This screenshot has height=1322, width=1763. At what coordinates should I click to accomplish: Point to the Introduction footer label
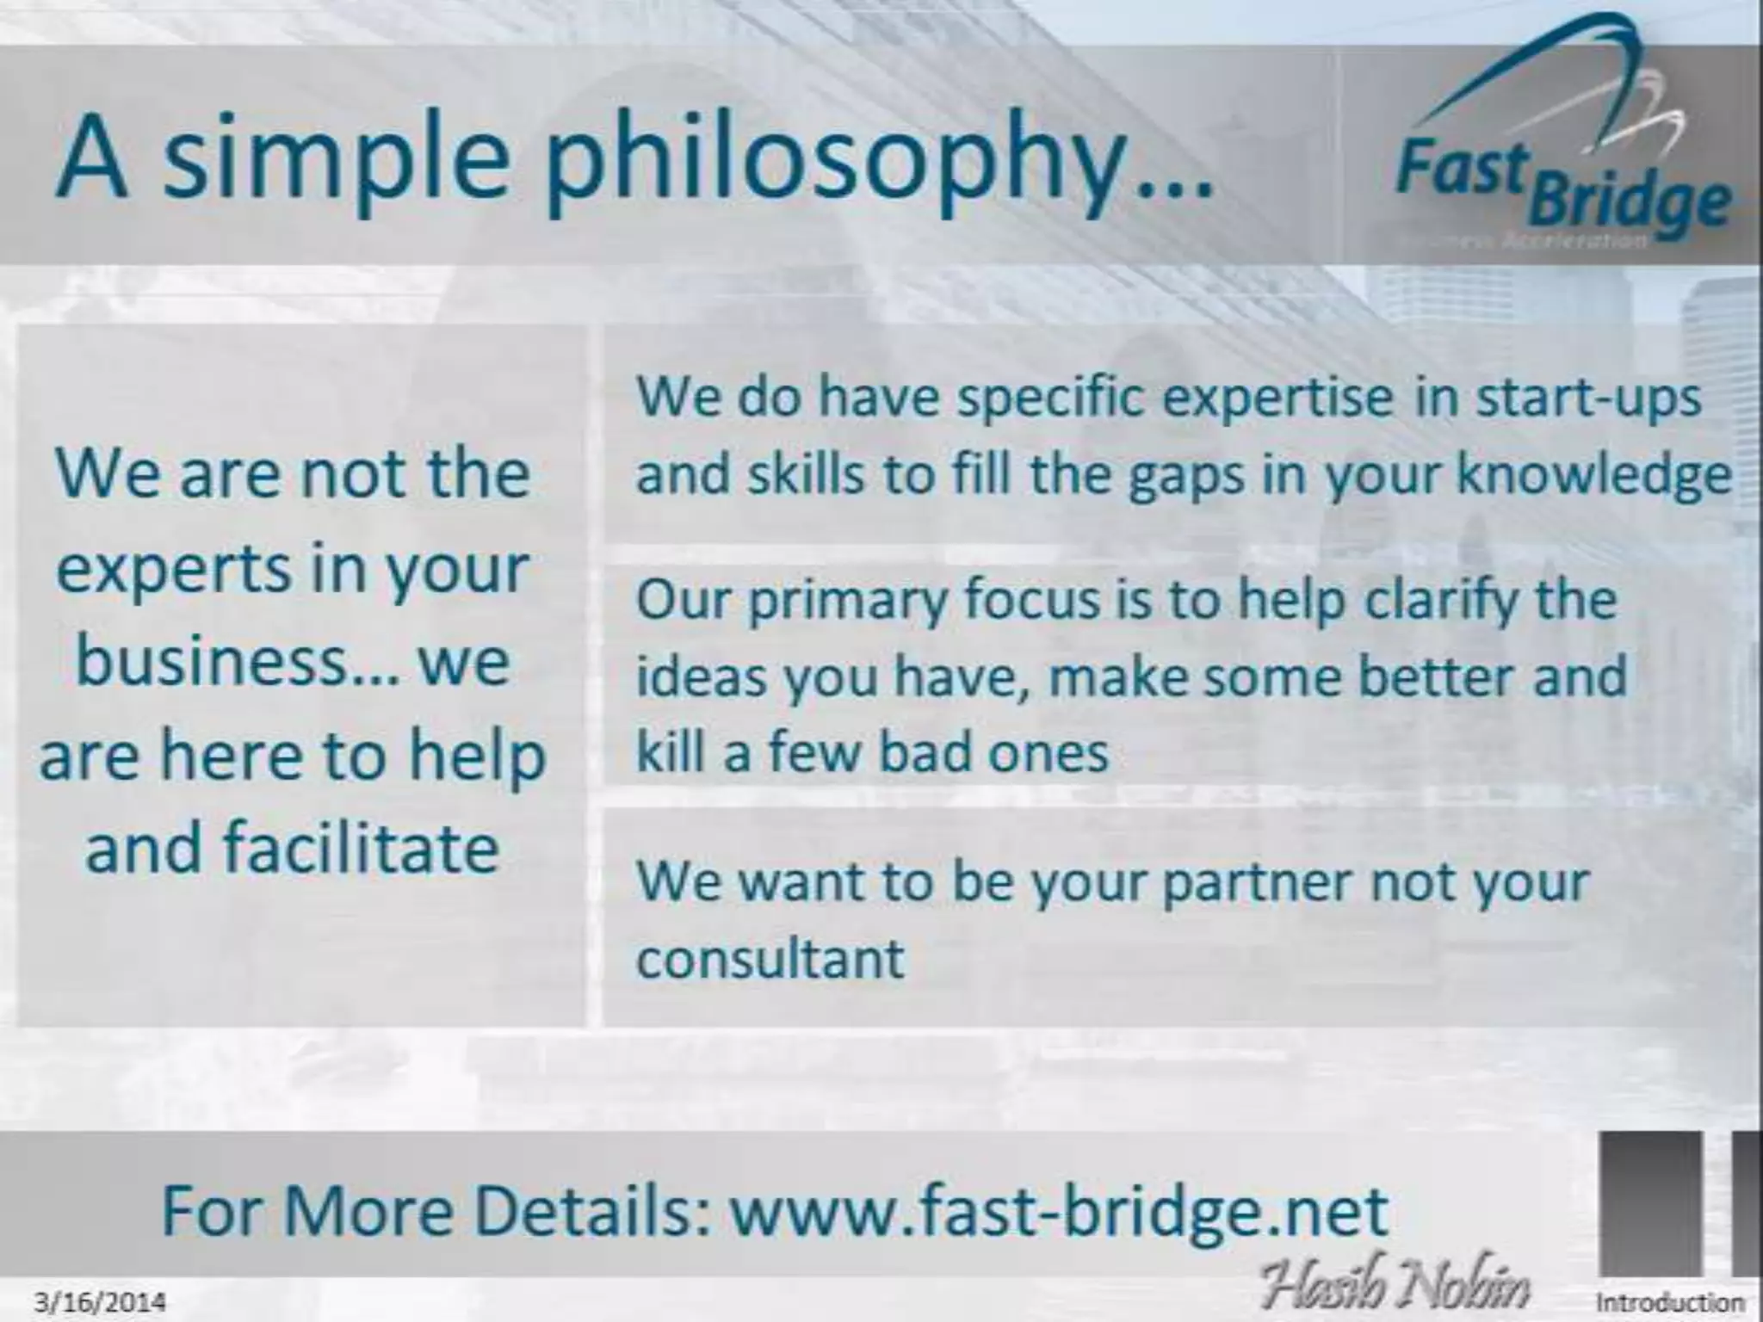[x=1670, y=1302]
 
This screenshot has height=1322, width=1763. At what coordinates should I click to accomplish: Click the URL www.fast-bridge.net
[x=1059, y=1211]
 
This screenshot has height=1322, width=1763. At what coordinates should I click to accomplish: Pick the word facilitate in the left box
[x=361, y=849]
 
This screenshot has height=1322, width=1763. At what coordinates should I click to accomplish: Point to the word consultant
[x=770, y=958]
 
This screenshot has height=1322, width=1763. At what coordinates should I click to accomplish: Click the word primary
[x=848, y=602]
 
